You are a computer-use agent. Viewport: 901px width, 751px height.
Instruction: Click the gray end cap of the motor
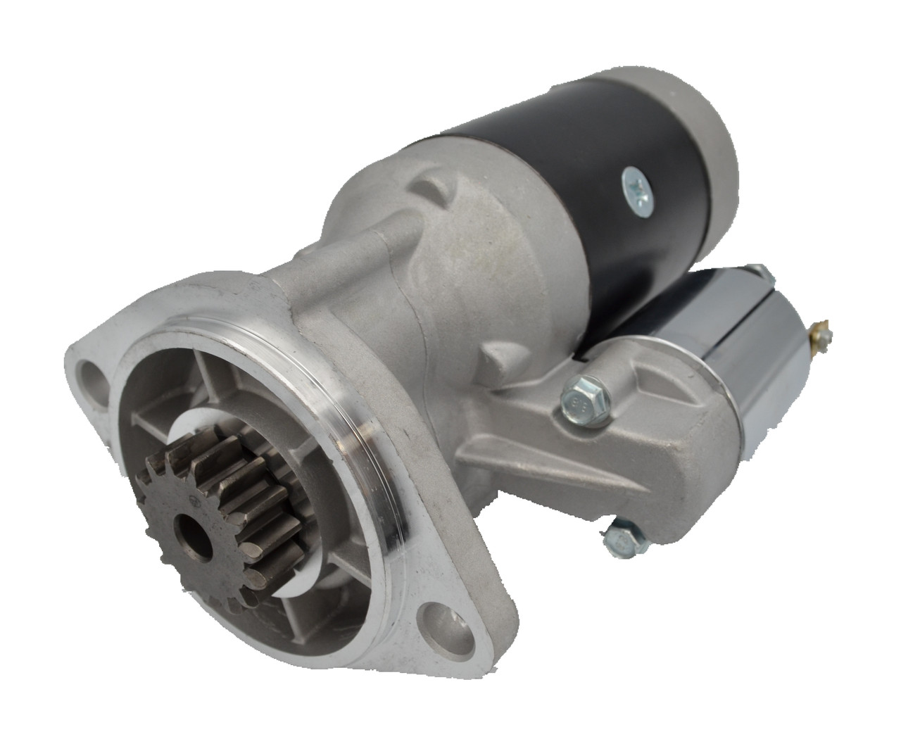[686, 127]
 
